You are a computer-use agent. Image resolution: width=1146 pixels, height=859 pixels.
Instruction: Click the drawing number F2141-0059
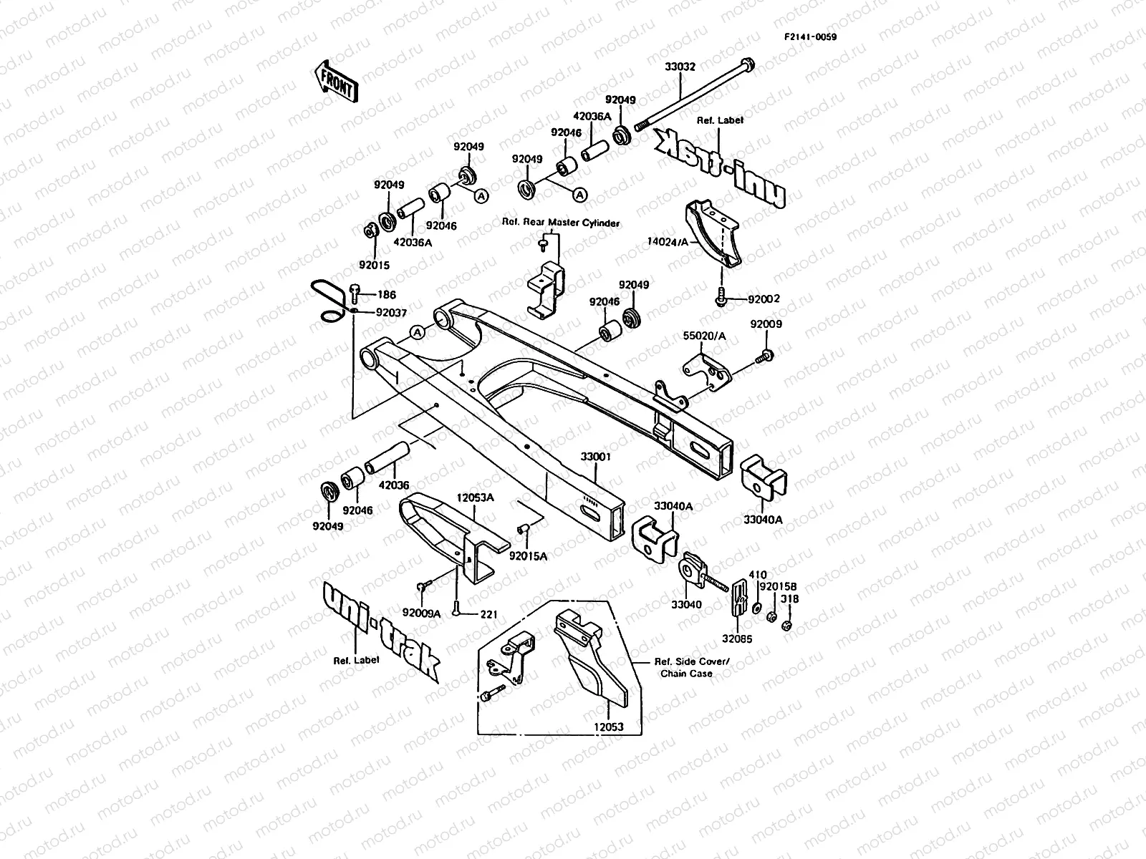coord(809,37)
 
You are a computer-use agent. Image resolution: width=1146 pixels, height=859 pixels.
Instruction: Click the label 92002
coord(764,299)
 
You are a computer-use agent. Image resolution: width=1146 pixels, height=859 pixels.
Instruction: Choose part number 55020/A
coord(704,335)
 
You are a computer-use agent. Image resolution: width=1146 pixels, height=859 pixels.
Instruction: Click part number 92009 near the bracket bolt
coord(766,324)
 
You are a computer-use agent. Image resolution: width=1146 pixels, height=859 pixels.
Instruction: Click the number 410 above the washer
coord(757,574)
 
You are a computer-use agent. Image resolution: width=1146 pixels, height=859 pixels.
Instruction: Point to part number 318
coord(790,599)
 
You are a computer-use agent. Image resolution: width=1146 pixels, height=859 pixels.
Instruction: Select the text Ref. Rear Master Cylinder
coord(561,223)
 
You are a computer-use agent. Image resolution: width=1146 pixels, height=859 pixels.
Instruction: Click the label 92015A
coord(529,555)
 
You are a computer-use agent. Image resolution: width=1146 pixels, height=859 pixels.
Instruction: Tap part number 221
coord(489,614)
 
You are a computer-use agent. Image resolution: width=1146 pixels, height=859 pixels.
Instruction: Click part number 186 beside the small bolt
coord(387,294)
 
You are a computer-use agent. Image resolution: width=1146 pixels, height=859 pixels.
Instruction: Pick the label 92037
coord(391,312)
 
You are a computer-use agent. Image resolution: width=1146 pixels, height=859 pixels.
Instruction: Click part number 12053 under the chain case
coord(608,727)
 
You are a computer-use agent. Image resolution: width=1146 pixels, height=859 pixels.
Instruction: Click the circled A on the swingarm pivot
coord(419,331)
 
